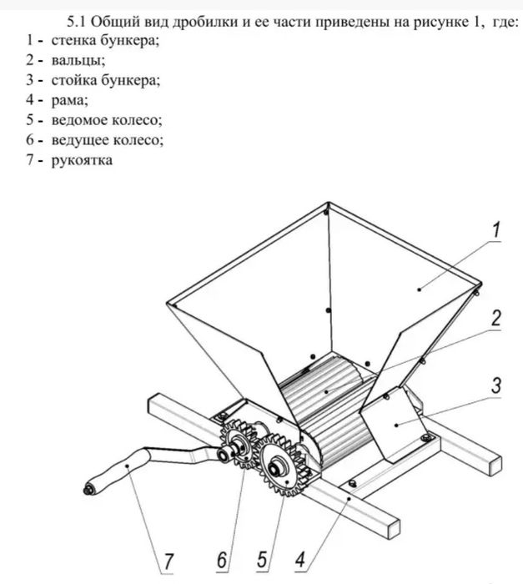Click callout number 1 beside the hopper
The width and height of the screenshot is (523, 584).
[x=495, y=229]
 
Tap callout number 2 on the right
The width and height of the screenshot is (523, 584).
[x=495, y=318]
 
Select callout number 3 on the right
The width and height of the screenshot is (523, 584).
[x=495, y=385]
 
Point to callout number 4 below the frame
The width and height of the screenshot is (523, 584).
[x=300, y=560]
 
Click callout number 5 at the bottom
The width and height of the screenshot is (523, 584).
[x=262, y=560]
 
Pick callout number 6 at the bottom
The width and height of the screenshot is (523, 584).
[x=222, y=560]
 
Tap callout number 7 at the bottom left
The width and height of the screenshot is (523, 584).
[x=168, y=561]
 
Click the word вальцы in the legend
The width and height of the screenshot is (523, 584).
[x=78, y=60]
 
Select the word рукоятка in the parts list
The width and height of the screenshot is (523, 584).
[x=82, y=160]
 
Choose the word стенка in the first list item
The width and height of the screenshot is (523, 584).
[x=73, y=40]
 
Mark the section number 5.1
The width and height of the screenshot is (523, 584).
[x=77, y=22]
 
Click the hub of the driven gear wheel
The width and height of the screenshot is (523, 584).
[x=277, y=470]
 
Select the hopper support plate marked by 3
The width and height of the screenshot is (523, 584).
[x=395, y=424]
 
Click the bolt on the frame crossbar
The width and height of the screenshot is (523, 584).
[x=351, y=484]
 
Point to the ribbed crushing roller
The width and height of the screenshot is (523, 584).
[x=328, y=410]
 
